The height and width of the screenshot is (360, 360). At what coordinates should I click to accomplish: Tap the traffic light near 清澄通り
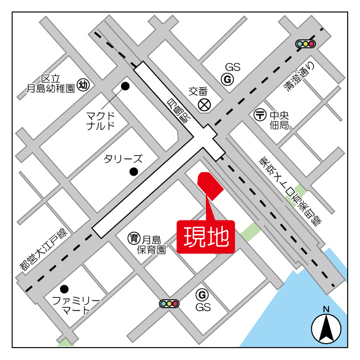305,44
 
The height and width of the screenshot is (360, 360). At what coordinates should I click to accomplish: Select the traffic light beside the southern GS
169,304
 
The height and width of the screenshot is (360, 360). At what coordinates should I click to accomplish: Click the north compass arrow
326,327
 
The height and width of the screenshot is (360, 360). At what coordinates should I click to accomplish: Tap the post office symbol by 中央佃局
260,114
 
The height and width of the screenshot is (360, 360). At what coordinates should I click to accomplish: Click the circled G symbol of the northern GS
228,80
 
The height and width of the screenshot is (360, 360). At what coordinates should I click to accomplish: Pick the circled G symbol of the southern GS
202,294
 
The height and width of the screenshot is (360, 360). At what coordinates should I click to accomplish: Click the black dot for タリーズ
134,172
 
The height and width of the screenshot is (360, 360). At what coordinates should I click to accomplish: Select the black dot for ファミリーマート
64,289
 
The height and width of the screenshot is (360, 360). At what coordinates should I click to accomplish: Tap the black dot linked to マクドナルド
125,86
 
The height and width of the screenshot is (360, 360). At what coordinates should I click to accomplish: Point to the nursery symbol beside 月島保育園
134,238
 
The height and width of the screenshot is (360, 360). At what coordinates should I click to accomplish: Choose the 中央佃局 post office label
279,119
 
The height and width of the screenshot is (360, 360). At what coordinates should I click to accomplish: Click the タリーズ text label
123,159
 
